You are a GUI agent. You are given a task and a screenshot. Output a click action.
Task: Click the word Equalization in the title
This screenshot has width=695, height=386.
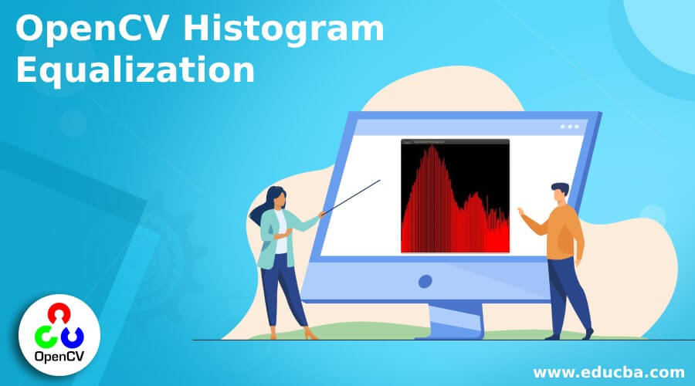135,70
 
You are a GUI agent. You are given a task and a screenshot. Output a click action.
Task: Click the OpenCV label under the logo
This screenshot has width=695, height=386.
58,356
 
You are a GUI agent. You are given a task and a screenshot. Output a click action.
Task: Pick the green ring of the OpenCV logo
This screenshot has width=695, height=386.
45,335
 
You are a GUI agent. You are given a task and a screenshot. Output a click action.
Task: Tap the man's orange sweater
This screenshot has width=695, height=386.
564,232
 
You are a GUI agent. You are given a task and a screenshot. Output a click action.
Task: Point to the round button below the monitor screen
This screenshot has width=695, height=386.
425,282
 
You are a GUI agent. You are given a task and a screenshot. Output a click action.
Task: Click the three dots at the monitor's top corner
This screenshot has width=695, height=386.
570,127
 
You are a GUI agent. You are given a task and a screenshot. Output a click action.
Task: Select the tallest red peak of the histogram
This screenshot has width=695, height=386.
432,151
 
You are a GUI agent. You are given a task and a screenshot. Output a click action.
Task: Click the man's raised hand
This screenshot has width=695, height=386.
521,212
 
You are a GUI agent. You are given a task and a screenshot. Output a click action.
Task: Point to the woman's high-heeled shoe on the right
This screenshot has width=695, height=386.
310,334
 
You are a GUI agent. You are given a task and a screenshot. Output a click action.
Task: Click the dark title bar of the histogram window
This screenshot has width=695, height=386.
455,142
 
